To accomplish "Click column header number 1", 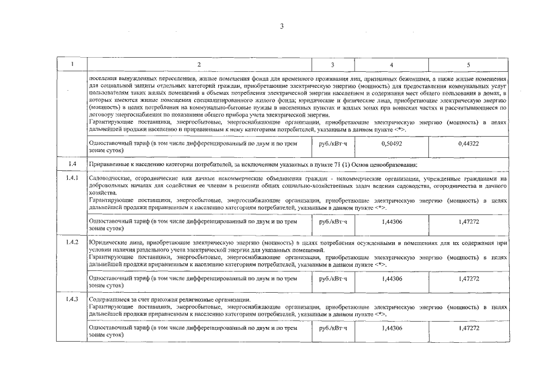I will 71,64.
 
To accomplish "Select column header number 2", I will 199,64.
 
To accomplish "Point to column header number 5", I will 468,64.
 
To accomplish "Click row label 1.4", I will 71,164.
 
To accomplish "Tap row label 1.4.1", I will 71,177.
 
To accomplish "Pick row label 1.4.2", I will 71,243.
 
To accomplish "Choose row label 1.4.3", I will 71,300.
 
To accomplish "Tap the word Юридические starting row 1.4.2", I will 107,243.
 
